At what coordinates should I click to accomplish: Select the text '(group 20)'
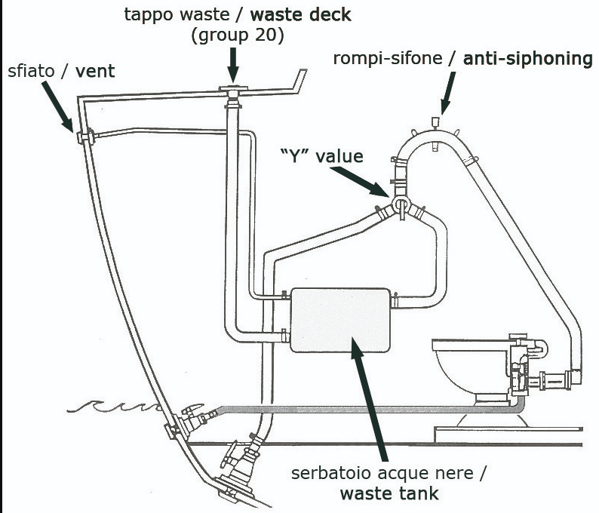tap(232, 35)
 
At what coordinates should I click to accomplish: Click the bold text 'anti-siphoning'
tap(528, 58)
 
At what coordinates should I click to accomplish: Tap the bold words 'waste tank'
tap(389, 494)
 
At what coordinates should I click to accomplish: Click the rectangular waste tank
tap(340, 320)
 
